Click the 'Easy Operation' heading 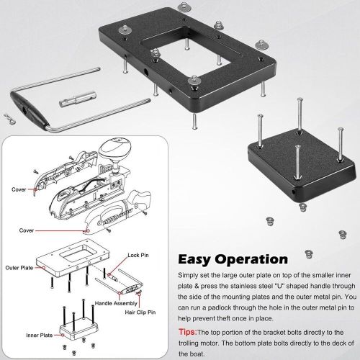pos(233,259)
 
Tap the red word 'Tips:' pos(188,332)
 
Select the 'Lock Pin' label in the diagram pos(138,255)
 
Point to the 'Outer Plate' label pos(19,268)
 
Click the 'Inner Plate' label pos(40,335)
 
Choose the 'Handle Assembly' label pos(116,303)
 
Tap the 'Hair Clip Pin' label pos(140,312)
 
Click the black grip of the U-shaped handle pos(30,109)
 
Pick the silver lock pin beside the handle pos(78,99)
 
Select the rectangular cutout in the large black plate pos(185,52)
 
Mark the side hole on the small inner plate pos(294,192)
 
